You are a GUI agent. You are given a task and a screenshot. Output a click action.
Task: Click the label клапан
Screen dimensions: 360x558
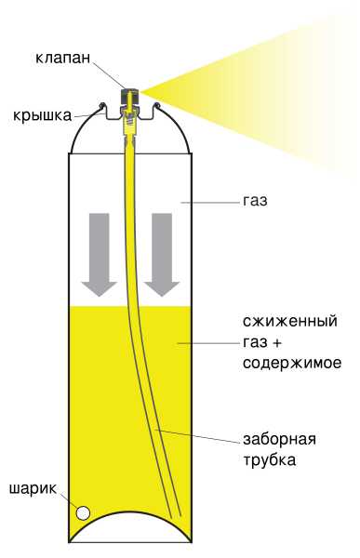[65, 58]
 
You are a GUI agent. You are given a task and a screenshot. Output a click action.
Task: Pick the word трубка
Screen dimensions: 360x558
[270, 459]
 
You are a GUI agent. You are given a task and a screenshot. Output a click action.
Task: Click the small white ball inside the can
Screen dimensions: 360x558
[84, 512]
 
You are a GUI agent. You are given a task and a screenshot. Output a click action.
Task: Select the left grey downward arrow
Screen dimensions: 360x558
[97, 251]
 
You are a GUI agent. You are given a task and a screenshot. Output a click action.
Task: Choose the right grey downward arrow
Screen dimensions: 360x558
[161, 251]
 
